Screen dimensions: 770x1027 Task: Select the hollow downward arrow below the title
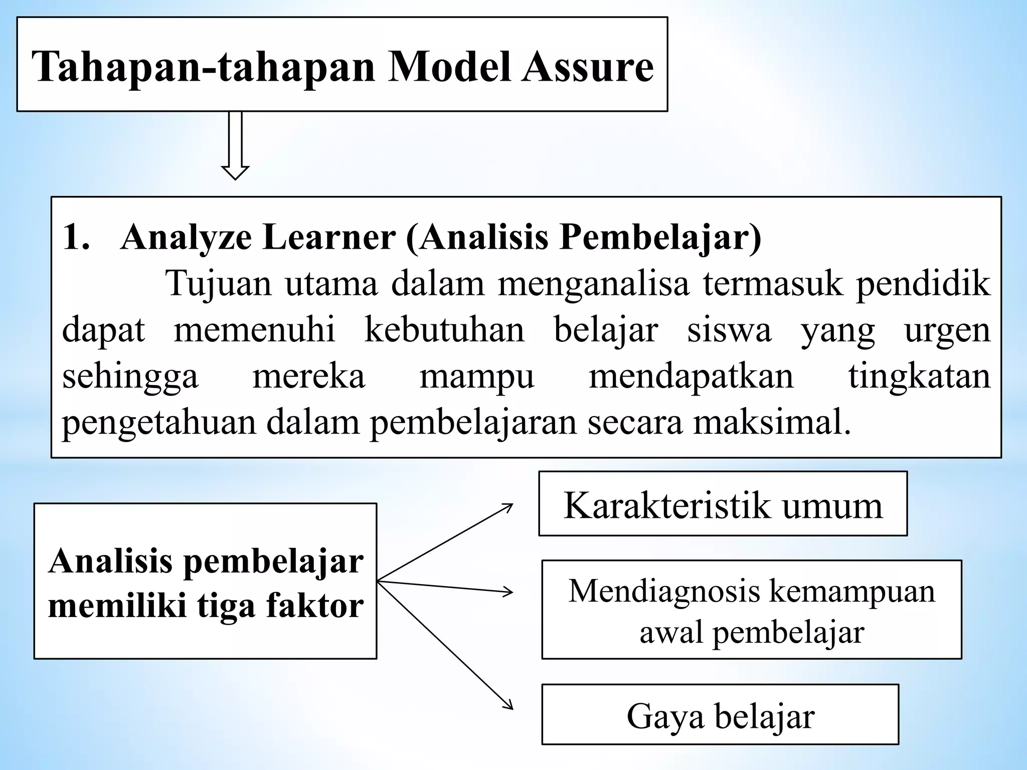[235, 145]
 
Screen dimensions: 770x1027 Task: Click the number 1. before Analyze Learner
[76, 237]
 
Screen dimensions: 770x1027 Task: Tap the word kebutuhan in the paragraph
[444, 330]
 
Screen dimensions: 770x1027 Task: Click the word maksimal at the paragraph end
[772, 423]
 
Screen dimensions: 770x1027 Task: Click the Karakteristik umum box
[723, 504]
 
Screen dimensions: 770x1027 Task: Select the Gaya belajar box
[720, 714]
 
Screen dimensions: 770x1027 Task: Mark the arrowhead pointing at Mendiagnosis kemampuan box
[507, 592]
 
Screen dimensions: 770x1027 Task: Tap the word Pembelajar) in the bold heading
[660, 237]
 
